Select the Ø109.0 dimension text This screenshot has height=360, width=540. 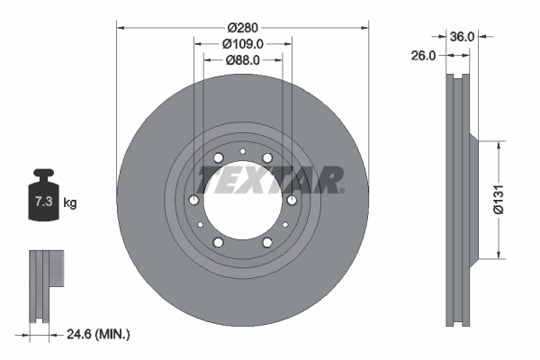[x=243, y=42]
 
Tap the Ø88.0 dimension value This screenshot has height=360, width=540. [x=243, y=60]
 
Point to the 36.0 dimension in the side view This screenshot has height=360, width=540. [x=461, y=37]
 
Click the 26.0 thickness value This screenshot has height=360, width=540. [x=425, y=55]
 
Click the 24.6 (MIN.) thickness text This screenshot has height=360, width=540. [x=99, y=334]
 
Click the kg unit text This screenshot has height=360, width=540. [x=70, y=203]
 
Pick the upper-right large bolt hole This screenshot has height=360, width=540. [x=268, y=160]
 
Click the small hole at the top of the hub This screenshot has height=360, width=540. [x=243, y=150]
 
